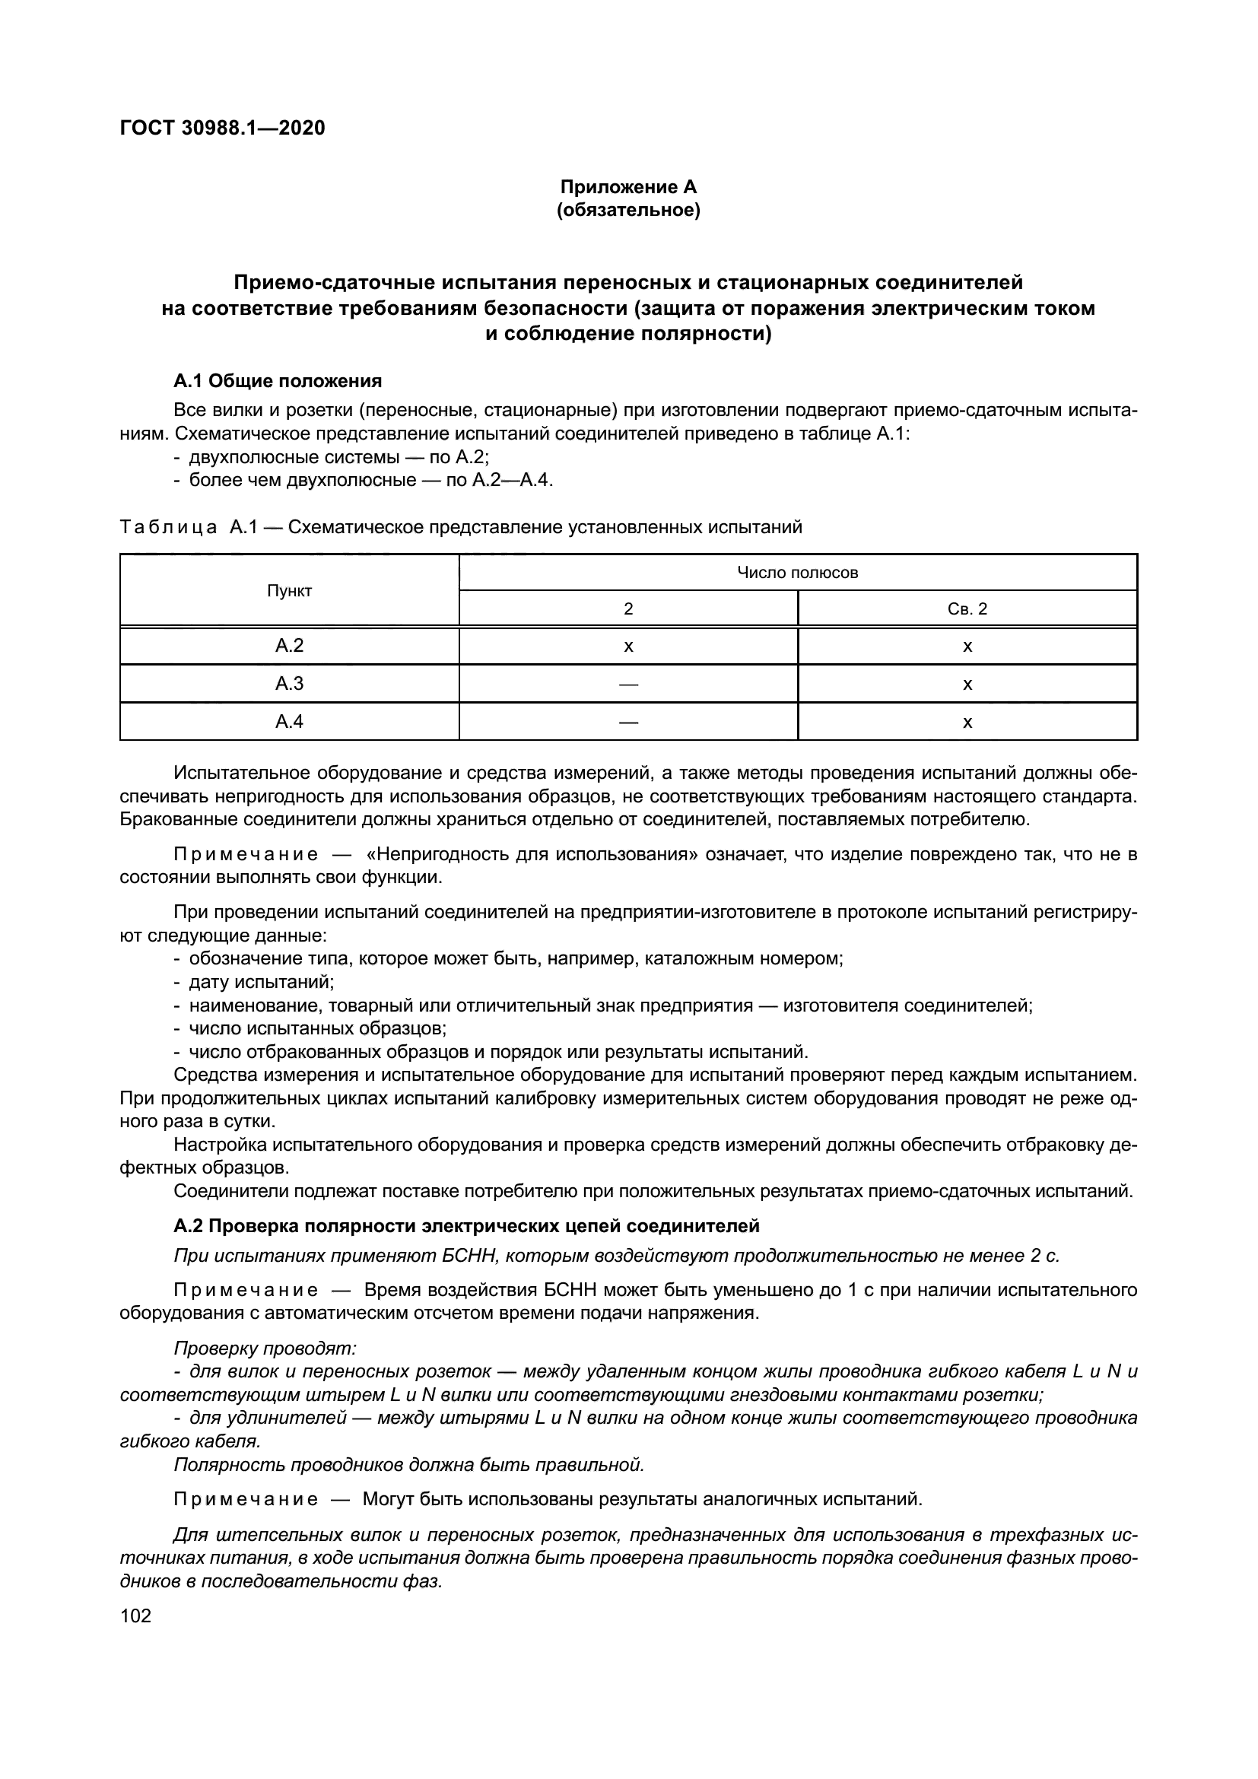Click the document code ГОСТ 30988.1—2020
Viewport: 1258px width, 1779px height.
pos(222,128)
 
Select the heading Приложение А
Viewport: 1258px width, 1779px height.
pos(628,187)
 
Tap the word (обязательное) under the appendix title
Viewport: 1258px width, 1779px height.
pos(628,211)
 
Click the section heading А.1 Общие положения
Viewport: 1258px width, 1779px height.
pos(278,380)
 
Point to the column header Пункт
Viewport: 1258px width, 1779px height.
pos(289,590)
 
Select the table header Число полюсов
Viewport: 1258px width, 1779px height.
pos(797,573)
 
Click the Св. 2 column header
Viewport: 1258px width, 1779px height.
pos(967,609)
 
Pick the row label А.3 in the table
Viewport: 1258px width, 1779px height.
pos(289,684)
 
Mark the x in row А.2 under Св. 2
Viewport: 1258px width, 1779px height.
pos(967,646)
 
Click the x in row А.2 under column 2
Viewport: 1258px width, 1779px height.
pos(628,646)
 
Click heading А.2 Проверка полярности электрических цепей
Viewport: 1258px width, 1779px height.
pos(466,1226)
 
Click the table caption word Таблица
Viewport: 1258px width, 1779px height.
pos(169,528)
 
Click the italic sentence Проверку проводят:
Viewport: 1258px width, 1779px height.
pos(265,1349)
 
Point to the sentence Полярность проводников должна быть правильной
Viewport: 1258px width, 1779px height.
pos(409,1464)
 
